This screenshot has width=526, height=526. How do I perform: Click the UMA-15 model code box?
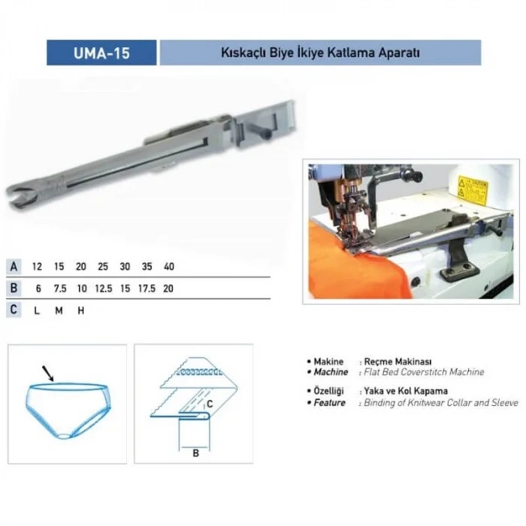(x=101, y=53)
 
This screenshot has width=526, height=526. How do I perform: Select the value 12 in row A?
(x=37, y=267)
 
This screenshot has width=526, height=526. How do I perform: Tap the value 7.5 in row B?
(x=59, y=289)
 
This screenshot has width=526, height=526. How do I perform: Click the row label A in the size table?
(x=14, y=267)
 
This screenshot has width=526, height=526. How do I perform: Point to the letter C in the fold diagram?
(x=210, y=404)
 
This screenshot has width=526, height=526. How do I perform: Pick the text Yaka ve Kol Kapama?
(x=407, y=391)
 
